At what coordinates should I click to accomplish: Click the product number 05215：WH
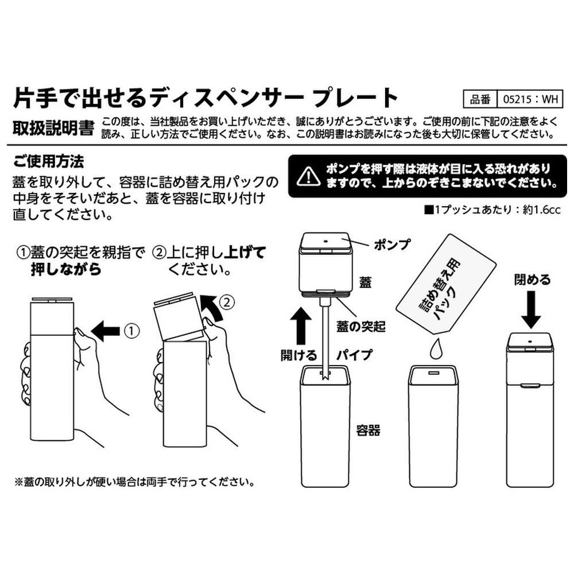point(530,99)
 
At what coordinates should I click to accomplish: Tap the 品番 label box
point(480,99)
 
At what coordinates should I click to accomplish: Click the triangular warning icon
point(309,176)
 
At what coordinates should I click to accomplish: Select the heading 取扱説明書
point(53,128)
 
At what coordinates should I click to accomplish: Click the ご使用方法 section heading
point(49,161)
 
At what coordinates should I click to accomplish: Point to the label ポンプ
point(392,245)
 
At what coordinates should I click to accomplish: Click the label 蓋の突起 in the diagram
point(361,326)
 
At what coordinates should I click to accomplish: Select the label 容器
point(369,430)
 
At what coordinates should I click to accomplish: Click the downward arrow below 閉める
point(531,309)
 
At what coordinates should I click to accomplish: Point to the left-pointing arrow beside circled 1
point(106,331)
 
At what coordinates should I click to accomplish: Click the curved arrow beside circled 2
point(212,308)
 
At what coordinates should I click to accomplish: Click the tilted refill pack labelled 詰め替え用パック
point(445,285)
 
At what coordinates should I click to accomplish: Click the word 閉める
point(532,280)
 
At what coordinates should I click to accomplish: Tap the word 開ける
point(298,355)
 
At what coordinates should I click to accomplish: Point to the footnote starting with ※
point(135,482)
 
